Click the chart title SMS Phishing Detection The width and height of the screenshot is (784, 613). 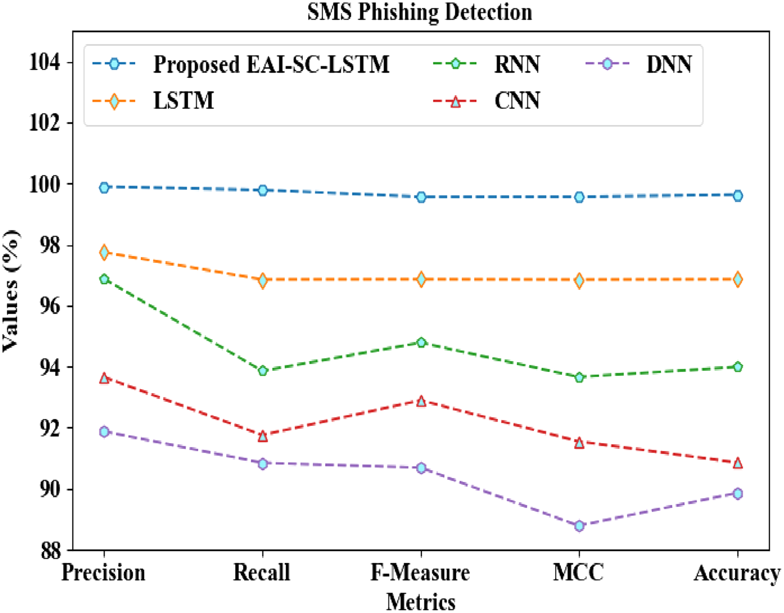(x=419, y=13)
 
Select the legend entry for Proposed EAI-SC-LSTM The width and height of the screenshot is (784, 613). (x=271, y=65)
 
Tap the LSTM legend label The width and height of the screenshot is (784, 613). (x=183, y=100)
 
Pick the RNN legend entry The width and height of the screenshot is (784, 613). (x=517, y=65)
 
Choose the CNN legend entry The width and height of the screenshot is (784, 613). (x=517, y=100)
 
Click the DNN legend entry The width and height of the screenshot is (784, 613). (x=668, y=65)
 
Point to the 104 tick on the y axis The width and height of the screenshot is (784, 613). (x=44, y=62)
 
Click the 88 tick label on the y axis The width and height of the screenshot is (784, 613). (x=51, y=551)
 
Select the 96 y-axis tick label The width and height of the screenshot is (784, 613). (x=51, y=306)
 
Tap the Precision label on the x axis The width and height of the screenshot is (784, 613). (x=103, y=573)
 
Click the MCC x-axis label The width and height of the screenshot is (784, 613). (x=578, y=573)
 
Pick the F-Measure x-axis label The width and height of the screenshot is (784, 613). (x=420, y=573)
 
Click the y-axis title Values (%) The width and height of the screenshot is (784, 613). (x=11, y=291)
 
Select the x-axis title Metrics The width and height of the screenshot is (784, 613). (x=421, y=602)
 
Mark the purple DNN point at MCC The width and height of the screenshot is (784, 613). (x=579, y=526)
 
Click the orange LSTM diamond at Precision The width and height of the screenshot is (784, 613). (x=104, y=252)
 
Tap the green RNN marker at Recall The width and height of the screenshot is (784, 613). (x=263, y=371)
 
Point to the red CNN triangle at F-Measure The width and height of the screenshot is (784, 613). (x=421, y=401)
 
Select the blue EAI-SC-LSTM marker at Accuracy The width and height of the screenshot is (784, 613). (x=737, y=195)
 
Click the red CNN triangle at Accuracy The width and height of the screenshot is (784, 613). (x=737, y=463)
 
